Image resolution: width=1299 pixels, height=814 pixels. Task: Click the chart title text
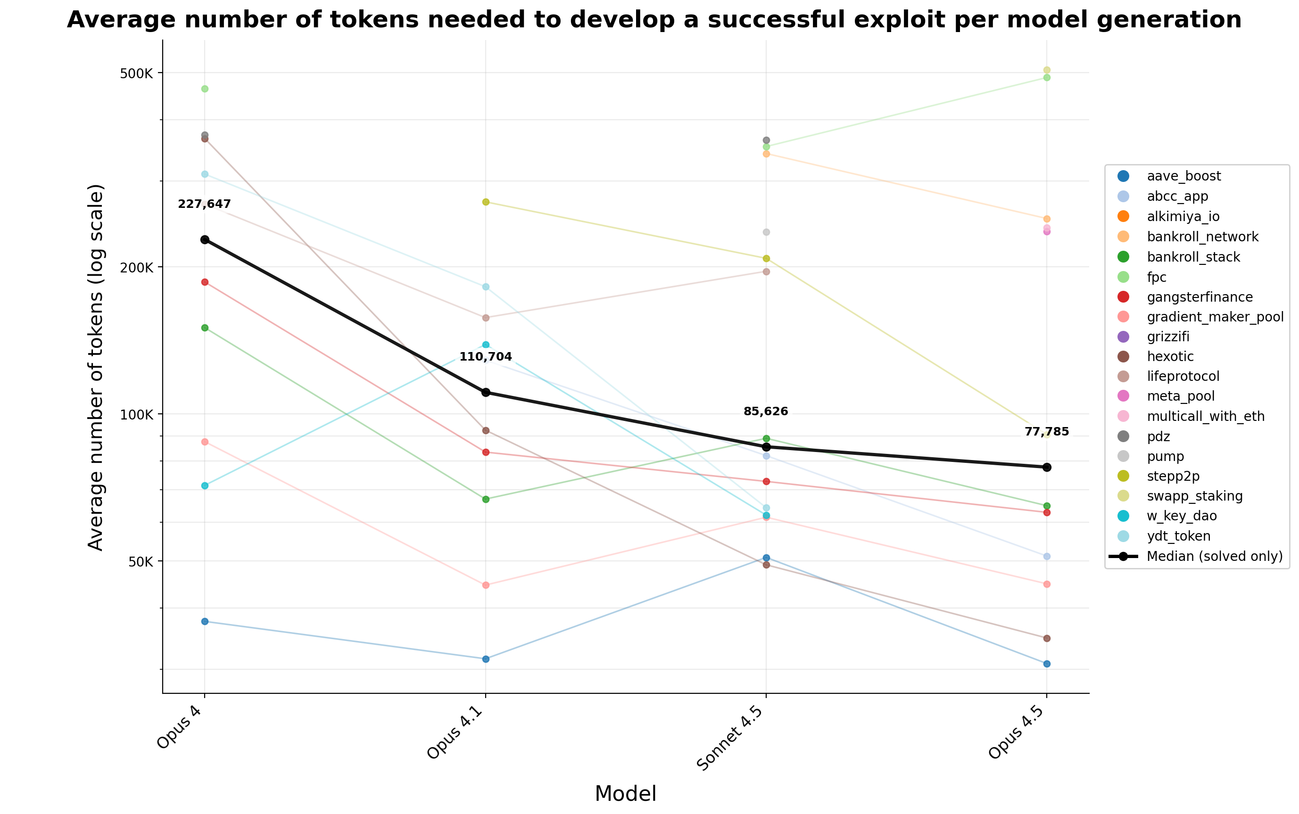(x=654, y=20)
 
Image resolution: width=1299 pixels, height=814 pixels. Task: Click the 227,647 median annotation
(x=204, y=205)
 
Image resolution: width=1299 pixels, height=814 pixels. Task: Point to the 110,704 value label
(x=485, y=357)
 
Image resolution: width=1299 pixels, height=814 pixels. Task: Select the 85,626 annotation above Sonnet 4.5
(x=765, y=412)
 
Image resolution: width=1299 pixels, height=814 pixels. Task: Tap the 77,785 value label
(x=1046, y=432)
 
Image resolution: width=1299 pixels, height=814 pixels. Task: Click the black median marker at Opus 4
(x=205, y=239)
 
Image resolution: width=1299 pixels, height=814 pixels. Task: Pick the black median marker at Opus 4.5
(x=1046, y=467)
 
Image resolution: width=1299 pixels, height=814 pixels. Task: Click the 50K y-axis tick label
(x=141, y=561)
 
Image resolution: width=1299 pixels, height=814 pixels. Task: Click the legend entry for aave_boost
(x=1184, y=176)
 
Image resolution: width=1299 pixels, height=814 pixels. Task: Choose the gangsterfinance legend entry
(x=1200, y=297)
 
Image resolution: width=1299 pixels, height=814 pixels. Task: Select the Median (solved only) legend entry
(x=1215, y=556)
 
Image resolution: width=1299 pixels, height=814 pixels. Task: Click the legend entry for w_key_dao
(x=1182, y=516)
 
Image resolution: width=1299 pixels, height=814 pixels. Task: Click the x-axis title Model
(x=625, y=794)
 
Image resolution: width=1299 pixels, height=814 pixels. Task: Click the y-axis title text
(x=96, y=367)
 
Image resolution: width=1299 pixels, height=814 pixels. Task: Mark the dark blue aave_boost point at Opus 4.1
(x=485, y=659)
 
